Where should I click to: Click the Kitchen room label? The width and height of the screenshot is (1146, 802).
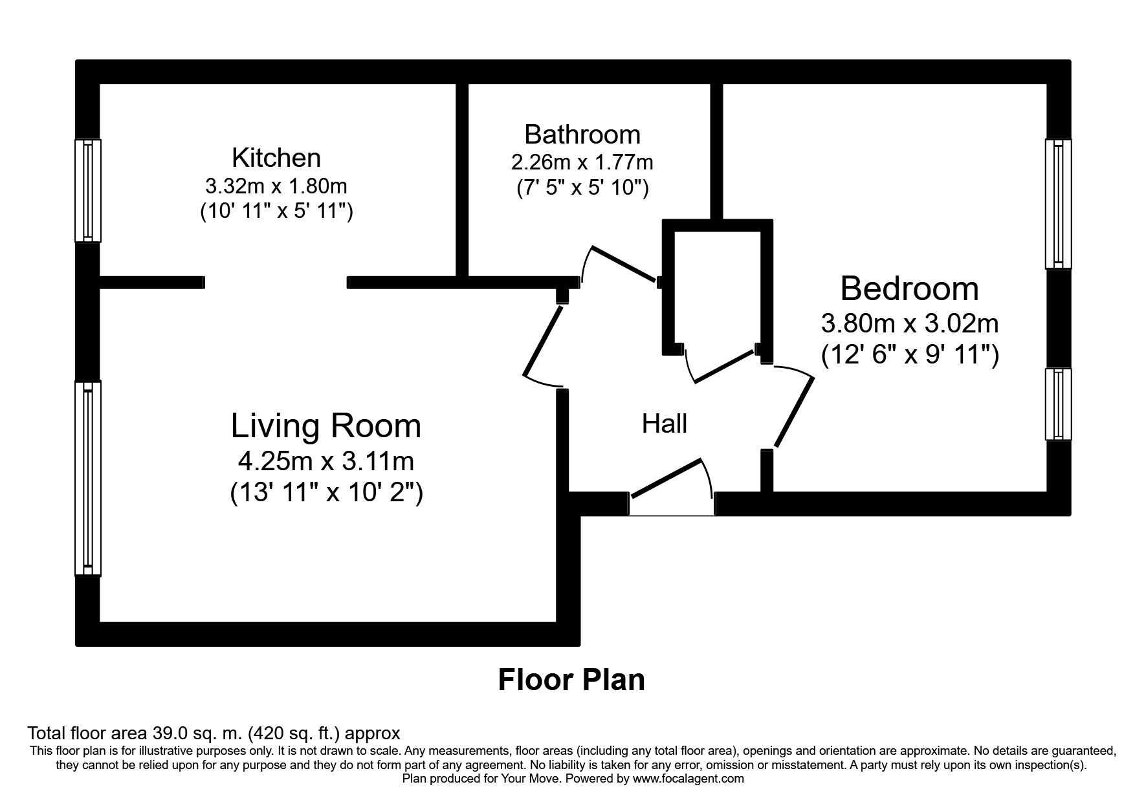(276, 158)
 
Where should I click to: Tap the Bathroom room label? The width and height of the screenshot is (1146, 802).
(582, 135)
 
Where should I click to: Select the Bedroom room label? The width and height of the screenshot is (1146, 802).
(909, 288)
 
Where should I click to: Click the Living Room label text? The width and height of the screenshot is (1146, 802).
(326, 426)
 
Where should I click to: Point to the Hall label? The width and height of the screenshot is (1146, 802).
(664, 424)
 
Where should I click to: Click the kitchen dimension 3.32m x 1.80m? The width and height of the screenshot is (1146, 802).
(276, 186)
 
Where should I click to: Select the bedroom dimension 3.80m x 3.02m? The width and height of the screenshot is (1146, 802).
(909, 323)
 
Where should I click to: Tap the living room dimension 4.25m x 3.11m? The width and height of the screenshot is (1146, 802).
(326, 461)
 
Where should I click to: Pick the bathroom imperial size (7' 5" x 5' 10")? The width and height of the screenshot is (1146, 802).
(582, 188)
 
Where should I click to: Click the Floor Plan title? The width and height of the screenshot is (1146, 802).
(571, 680)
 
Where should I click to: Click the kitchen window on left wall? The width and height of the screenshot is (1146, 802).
(88, 190)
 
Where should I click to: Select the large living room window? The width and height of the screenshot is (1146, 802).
(88, 477)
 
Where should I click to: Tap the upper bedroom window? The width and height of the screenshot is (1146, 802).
(1058, 203)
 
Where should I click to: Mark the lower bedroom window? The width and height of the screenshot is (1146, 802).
(1058, 404)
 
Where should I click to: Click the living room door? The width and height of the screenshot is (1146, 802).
(542, 343)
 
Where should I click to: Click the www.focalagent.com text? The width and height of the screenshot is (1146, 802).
(689, 779)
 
